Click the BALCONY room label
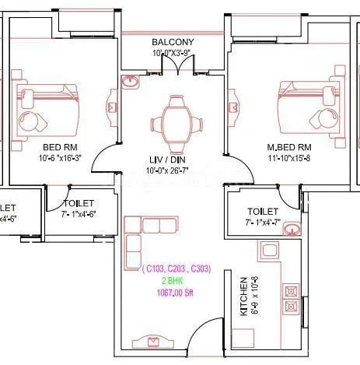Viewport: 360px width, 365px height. click(173, 42)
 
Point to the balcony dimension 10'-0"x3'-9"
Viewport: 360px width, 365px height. click(173, 54)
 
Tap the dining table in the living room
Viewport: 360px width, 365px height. click(175, 123)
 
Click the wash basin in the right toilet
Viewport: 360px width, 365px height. click(291, 229)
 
